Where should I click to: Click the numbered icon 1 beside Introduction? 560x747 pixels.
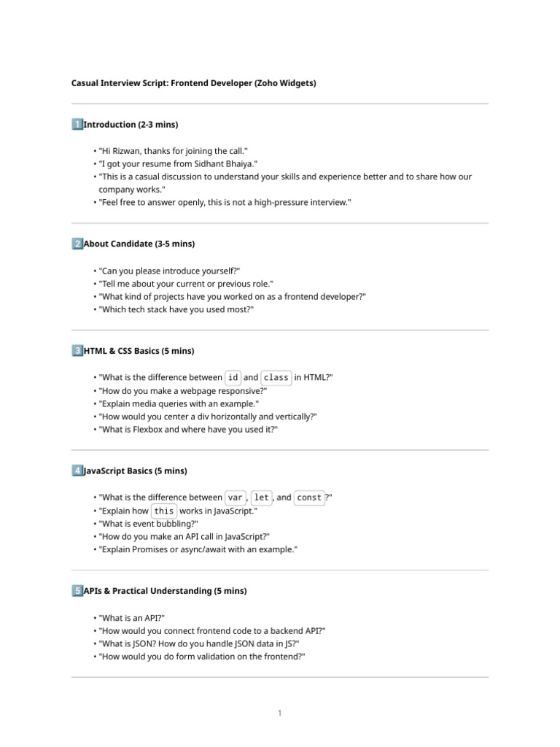tap(77, 125)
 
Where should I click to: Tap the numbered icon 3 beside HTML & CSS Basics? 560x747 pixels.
tap(77, 351)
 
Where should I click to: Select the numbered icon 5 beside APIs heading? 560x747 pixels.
tap(77, 591)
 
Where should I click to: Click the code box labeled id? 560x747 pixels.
tap(233, 377)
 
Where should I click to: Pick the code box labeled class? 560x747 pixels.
tap(276, 377)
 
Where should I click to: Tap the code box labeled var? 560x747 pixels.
tap(236, 498)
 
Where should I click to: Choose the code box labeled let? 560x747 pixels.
tap(262, 498)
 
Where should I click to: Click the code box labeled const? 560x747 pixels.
tap(309, 498)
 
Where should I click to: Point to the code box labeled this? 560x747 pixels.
tap(164, 511)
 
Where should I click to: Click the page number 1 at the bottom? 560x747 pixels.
tap(279, 713)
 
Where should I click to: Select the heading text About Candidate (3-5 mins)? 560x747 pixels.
tap(139, 244)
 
